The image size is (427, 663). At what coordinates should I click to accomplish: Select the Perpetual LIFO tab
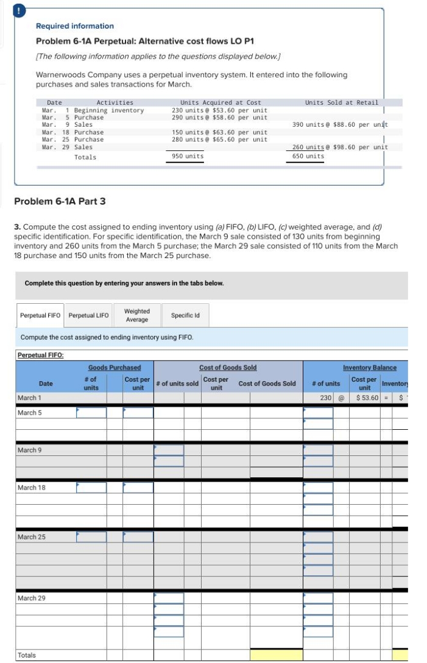[88, 315]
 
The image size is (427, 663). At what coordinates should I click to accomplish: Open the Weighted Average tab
[136, 315]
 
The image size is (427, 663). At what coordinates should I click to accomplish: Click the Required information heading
[75, 26]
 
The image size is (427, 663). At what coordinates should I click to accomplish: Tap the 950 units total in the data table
[187, 157]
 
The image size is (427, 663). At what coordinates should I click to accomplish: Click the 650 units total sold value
[308, 156]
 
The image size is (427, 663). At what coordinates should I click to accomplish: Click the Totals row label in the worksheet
[27, 655]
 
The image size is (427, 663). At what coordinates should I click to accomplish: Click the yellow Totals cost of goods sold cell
[276, 655]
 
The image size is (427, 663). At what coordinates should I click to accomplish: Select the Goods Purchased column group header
[115, 368]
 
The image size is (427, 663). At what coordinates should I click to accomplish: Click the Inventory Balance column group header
[369, 368]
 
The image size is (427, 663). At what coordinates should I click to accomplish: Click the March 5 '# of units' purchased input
[91, 413]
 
